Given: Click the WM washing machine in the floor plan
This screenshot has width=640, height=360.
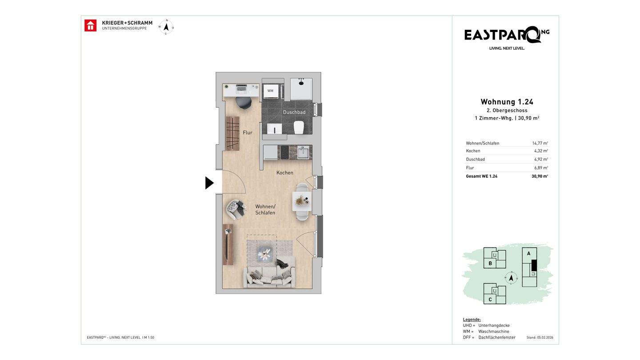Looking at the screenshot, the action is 270,91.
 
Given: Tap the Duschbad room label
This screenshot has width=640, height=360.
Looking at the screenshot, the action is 294,112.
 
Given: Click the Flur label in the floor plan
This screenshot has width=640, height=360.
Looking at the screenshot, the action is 248,132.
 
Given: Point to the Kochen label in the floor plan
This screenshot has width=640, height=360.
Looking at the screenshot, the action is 284,172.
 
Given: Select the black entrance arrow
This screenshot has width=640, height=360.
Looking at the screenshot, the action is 209,183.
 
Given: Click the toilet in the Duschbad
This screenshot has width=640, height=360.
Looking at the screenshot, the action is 299,127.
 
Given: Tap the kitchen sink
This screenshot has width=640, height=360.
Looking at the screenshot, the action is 303,152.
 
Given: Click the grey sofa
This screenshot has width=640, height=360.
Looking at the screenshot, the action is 269,277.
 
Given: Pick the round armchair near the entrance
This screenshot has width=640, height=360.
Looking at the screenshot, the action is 236,209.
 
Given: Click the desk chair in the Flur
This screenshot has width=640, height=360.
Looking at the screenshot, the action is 244,103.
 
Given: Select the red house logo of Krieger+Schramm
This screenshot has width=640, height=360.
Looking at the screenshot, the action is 90,25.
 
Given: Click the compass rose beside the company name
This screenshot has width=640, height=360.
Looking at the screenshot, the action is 166,27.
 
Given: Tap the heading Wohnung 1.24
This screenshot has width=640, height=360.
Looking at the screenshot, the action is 507,102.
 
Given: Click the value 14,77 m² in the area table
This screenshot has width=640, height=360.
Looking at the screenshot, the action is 540,143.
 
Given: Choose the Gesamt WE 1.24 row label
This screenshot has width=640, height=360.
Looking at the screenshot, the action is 481,176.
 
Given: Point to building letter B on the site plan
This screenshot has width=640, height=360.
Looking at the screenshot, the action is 490,264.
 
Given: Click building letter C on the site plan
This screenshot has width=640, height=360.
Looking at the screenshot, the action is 490,300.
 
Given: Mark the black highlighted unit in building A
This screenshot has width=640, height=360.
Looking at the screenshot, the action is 534,265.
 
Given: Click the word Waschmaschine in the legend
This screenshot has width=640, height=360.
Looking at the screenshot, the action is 494,332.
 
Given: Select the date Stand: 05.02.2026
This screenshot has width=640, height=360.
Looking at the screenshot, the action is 540,337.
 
